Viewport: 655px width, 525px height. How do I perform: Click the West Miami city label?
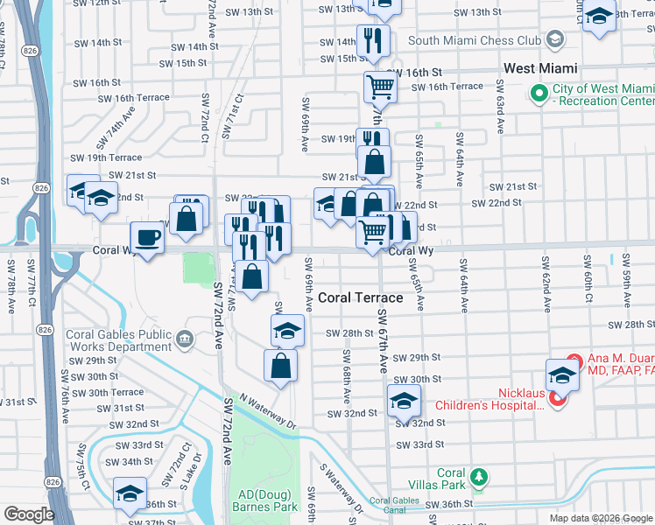[539, 68]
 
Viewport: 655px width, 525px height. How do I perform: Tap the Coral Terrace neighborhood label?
[360, 297]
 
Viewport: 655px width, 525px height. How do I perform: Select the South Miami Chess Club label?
[474, 39]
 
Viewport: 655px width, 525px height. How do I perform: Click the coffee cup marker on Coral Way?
[147, 237]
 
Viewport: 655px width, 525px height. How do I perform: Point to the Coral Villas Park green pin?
[478, 477]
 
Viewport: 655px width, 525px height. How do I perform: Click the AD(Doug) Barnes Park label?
[263, 500]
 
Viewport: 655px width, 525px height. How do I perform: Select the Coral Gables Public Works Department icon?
[185, 339]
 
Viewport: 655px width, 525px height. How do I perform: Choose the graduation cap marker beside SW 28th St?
[286, 331]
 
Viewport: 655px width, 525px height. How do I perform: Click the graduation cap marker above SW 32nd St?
[402, 400]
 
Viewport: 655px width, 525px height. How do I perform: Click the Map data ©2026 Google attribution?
[600, 518]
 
